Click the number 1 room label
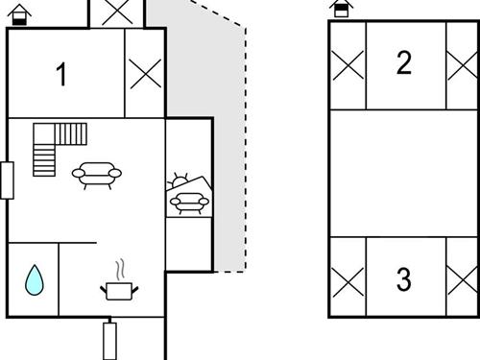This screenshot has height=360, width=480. click(x=61, y=75)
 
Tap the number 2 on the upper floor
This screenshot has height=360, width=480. click(x=404, y=63)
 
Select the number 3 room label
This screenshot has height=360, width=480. click(x=404, y=279)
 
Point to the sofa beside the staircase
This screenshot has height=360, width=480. click(x=98, y=173)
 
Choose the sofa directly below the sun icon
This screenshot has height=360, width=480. click(x=189, y=202)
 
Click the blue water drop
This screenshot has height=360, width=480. click(x=34, y=279)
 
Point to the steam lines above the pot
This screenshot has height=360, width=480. click(x=120, y=267)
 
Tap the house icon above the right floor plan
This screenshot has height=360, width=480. click(x=341, y=9)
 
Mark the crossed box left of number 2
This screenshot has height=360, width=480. click(x=348, y=65)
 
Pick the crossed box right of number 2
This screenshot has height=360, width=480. click(x=462, y=65)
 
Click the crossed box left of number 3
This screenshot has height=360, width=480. click(x=348, y=281)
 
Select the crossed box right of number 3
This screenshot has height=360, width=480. click(x=462, y=281)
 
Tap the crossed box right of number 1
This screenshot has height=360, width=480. click(x=145, y=73)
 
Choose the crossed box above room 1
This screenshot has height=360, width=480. click(x=116, y=12)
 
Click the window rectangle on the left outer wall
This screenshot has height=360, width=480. click(x=7, y=180)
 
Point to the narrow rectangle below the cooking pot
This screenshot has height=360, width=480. click(x=109, y=341)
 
